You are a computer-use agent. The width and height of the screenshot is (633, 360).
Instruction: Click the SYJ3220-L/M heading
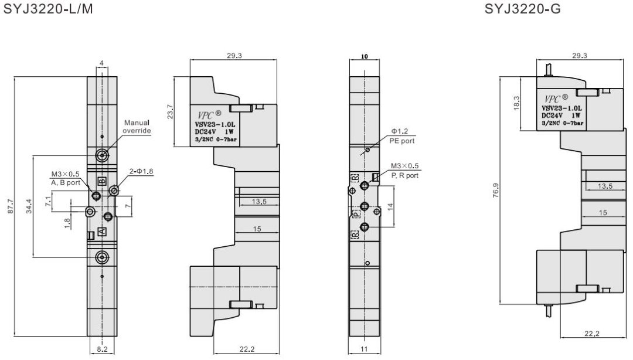coord(48,9)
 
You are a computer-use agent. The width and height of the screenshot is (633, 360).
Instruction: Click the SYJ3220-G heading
coord(522,9)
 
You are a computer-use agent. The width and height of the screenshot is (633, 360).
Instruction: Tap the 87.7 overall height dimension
coord(11,206)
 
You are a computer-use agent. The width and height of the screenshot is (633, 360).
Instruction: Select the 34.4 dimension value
coord(29,206)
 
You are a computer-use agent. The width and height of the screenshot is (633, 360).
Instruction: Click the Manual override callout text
coord(137,127)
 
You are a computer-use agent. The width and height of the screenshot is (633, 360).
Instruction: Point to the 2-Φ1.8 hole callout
coord(141,171)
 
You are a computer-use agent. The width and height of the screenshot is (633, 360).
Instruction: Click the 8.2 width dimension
coord(103,349)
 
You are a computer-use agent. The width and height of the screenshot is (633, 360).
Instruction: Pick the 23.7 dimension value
coord(169,112)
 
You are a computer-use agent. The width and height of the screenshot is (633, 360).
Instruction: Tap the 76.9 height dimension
coord(496,191)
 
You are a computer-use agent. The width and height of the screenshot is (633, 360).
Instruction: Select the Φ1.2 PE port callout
coord(402,136)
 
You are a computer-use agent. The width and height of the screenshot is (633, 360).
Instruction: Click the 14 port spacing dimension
coord(390,206)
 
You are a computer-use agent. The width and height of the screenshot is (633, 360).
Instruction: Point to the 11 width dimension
coord(364,349)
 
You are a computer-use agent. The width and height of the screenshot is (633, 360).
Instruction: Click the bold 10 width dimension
coord(365,56)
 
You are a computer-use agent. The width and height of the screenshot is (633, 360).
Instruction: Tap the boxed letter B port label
coord(102,181)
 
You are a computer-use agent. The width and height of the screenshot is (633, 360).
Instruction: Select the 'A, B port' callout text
coord(66,182)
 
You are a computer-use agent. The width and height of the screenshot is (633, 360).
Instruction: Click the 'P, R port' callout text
coord(405,175)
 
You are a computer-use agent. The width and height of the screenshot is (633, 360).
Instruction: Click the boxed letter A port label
coord(102,230)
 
